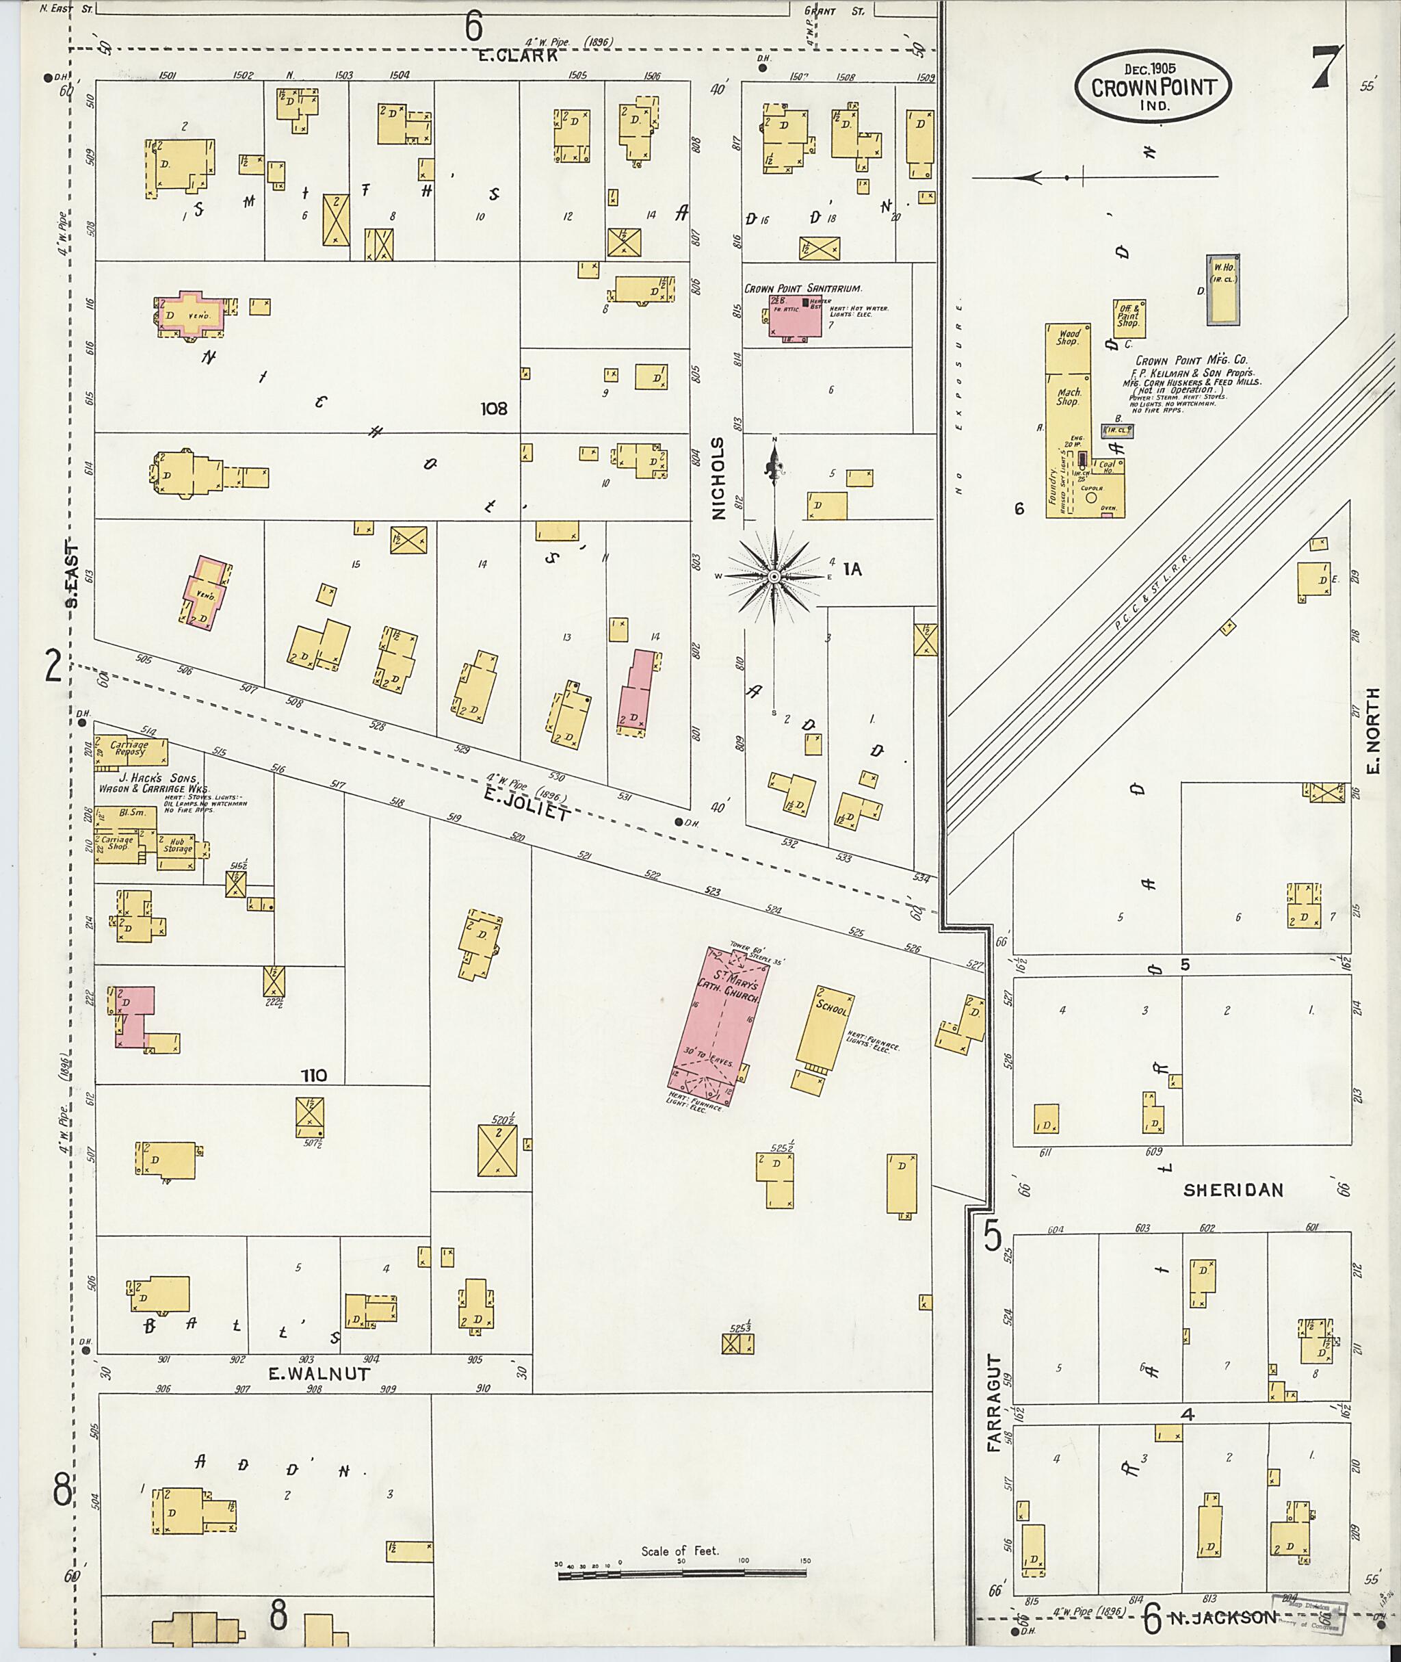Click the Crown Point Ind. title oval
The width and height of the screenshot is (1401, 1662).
point(1153,87)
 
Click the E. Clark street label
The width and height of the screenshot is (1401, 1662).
point(519,55)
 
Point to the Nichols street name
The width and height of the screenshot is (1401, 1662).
point(719,478)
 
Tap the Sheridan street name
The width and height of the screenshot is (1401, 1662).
point(1233,1189)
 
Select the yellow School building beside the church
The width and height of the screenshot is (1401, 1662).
point(824,1029)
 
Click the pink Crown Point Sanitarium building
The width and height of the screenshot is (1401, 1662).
point(795,315)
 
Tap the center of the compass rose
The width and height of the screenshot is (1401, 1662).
point(774,575)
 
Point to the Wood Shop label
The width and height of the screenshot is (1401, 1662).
point(1066,337)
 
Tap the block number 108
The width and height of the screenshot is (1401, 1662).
point(493,408)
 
